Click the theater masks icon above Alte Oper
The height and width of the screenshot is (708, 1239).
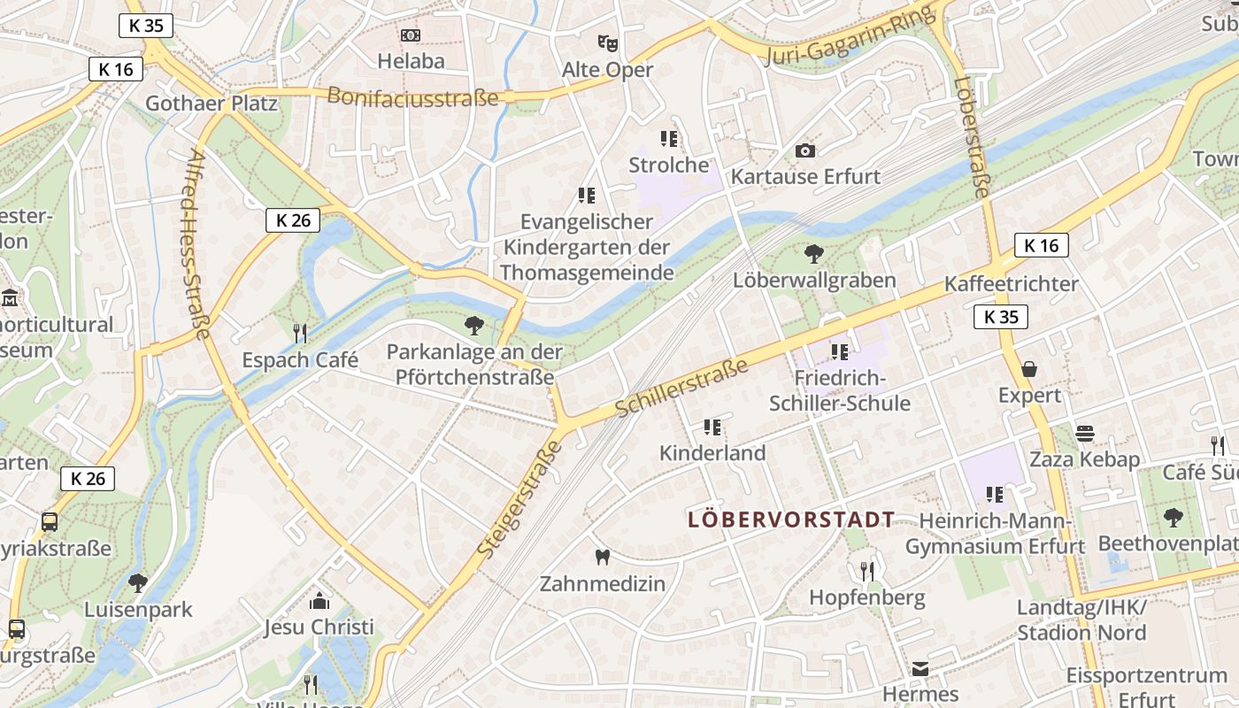[x=607, y=42]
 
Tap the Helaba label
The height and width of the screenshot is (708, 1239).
[x=411, y=61]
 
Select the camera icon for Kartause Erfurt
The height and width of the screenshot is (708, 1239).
[x=804, y=150]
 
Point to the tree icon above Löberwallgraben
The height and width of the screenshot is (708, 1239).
[x=813, y=255]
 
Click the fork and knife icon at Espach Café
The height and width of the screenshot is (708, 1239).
[x=300, y=333]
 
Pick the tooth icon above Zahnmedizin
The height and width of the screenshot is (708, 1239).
[x=603, y=557]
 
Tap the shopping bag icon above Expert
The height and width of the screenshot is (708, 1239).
[x=1028, y=368]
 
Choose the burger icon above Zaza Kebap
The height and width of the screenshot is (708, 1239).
[x=1084, y=434]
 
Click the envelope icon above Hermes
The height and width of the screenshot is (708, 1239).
[x=920, y=668]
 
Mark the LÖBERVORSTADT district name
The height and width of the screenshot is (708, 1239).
[x=791, y=519]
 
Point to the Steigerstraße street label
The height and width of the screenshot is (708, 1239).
[x=520, y=498]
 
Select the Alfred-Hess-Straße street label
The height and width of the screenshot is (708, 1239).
[x=199, y=244]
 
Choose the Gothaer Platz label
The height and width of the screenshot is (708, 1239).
[x=212, y=104]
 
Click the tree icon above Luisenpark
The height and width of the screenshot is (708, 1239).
[x=137, y=582]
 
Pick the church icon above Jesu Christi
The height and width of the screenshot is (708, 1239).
[x=319, y=602]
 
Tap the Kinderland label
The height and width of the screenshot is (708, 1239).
[x=712, y=453]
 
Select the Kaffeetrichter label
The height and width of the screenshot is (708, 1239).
[x=1012, y=284]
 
